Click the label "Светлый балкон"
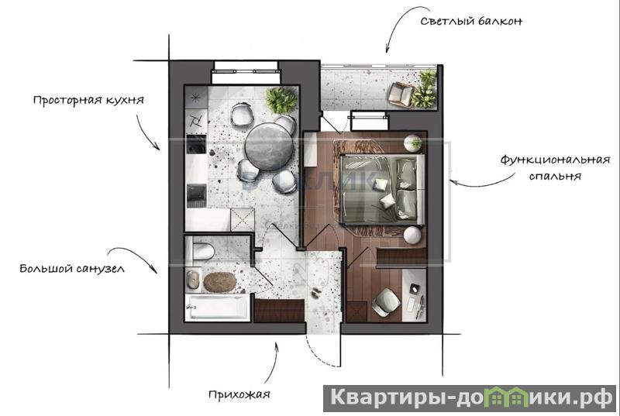click(x=471, y=21)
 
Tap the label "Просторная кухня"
click(x=88, y=100)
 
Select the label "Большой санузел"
click(x=72, y=269)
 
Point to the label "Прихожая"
click(x=239, y=394)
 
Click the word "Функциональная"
click(x=555, y=160)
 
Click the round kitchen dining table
click(x=269, y=146)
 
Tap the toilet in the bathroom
click(x=200, y=251)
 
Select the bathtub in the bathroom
click(x=217, y=307)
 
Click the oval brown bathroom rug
click(x=220, y=282)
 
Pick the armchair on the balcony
click(x=401, y=95)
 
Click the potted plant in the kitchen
click(x=281, y=101)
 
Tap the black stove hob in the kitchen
click(x=196, y=145)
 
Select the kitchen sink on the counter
click(x=196, y=195)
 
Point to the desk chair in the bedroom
click(x=385, y=302)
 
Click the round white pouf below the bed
click(x=412, y=235)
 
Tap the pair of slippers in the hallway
click(x=316, y=292)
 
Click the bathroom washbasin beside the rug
click(x=193, y=280)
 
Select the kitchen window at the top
click(x=246, y=72)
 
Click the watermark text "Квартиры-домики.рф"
click(x=470, y=398)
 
